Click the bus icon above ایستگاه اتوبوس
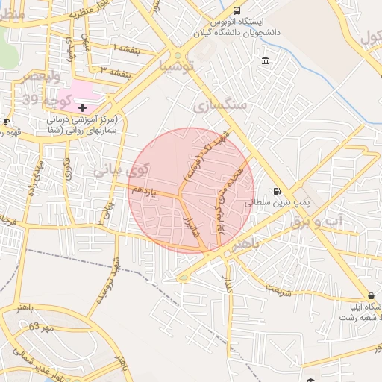[x=237, y=11]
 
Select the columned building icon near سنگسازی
[x=266, y=60]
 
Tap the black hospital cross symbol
[x=82, y=108]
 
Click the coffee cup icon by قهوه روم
[x=6, y=121]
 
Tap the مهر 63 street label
[x=43, y=327]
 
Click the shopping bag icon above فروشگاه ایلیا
[x=372, y=295]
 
